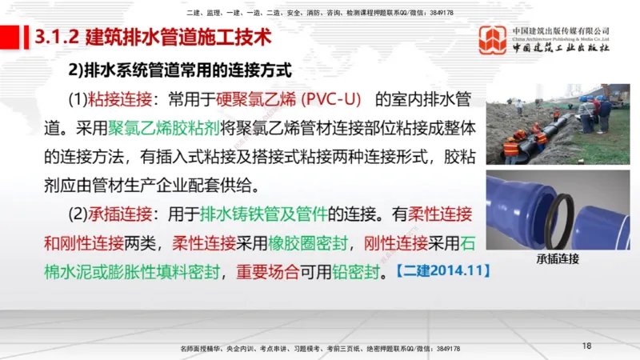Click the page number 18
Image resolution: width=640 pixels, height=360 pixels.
(x=586, y=346)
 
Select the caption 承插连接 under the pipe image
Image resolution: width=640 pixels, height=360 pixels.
(x=558, y=258)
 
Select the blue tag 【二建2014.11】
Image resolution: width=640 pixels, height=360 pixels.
(x=442, y=270)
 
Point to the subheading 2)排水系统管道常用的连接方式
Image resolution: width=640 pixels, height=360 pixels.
(x=182, y=70)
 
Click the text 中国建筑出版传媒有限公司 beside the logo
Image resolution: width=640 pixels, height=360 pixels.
(x=561, y=31)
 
